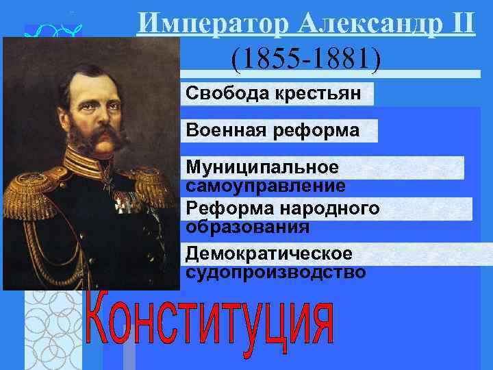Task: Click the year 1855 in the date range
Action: tap(267, 60)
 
